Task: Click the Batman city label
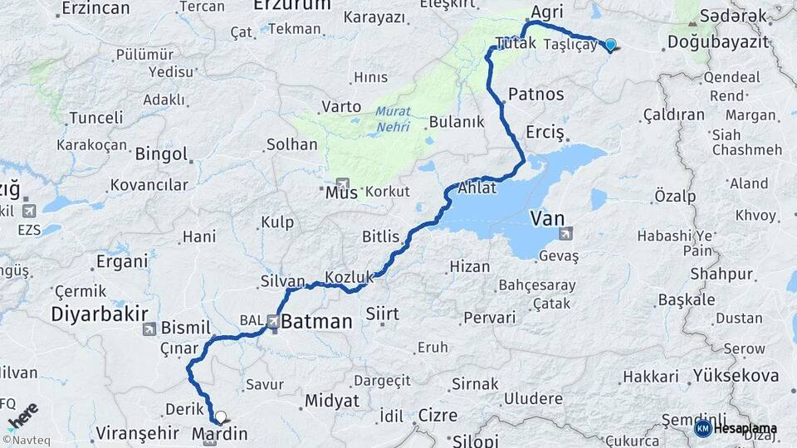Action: click(316, 321)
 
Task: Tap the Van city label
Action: click(548, 218)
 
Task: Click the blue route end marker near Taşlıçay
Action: click(610, 45)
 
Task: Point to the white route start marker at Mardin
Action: click(220, 416)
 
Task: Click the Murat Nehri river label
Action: click(393, 117)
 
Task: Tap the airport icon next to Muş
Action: click(342, 184)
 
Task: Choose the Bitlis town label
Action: click(381, 236)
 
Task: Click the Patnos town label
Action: click(536, 94)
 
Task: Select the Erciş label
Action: click(545, 133)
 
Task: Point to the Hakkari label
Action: click(651, 377)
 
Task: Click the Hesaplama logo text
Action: click(743, 428)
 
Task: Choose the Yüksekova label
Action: click(736, 376)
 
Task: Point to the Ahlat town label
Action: click(477, 188)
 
